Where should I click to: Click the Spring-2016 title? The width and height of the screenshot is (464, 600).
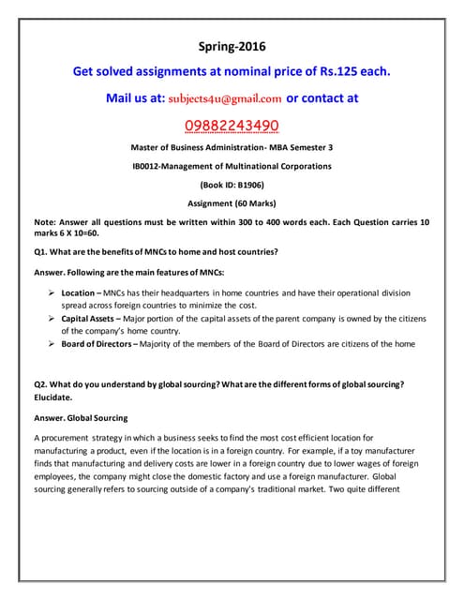232,45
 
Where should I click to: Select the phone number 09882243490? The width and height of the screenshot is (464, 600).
232,126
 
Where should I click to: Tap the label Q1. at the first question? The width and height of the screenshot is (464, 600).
41,251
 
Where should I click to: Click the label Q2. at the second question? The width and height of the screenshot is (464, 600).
41,383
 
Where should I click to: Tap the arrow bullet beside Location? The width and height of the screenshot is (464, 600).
52,293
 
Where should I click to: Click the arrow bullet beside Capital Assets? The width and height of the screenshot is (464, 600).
52,319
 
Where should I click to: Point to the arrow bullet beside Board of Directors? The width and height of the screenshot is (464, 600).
52,344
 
